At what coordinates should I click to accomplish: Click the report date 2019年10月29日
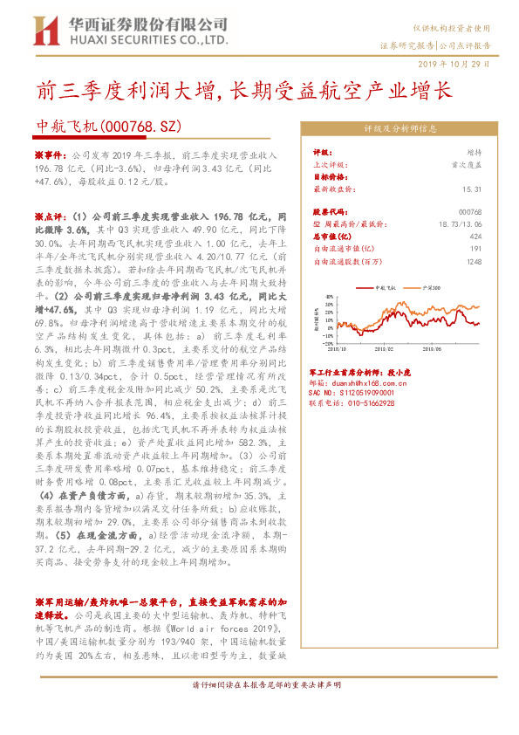coord(461,64)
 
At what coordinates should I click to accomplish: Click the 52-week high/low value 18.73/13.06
coord(461,224)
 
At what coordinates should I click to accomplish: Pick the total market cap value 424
coord(475,237)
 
